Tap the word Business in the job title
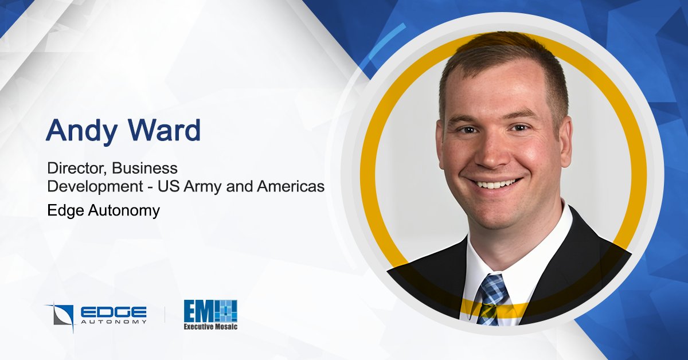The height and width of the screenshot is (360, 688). (x=145, y=169)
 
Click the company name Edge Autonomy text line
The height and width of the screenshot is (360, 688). (x=103, y=210)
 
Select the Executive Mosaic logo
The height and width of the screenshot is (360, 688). (x=210, y=315)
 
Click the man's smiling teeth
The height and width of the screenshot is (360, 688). (x=497, y=185)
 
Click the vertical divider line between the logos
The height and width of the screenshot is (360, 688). (x=166, y=314)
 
